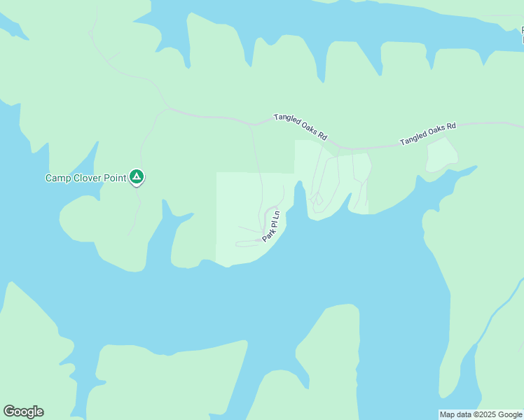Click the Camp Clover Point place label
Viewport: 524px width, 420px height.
(85, 178)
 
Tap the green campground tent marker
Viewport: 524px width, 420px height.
(137, 178)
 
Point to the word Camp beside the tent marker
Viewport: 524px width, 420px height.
(58, 178)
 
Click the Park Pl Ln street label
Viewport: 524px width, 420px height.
(271, 225)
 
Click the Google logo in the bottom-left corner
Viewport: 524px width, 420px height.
(23, 412)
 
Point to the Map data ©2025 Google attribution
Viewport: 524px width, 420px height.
(481, 414)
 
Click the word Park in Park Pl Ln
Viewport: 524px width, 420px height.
(267, 235)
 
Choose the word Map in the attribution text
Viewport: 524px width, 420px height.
(448, 414)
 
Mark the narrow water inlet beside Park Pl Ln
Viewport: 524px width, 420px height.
(300, 199)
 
